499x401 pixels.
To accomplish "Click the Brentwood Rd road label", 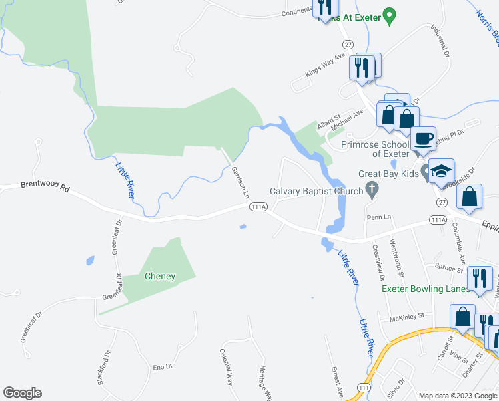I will tap(45, 188).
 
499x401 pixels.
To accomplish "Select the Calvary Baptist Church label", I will tap(316, 192).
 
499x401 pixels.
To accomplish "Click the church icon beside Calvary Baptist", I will tap(373, 192).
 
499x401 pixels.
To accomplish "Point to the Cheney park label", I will tap(160, 276).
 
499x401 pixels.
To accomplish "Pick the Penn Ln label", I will tap(378, 218).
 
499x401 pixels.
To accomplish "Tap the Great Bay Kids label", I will tap(388, 174).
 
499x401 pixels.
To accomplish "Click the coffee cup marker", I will tap(422, 140).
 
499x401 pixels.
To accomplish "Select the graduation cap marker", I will tap(440, 172).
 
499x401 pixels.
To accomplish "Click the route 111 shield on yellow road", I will tap(363, 387).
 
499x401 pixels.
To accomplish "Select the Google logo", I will tap(22, 393).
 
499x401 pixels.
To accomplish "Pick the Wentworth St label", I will tap(397, 258).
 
